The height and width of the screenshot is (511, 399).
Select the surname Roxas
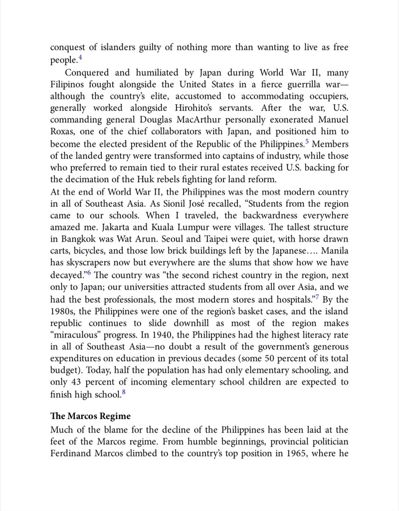63,132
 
